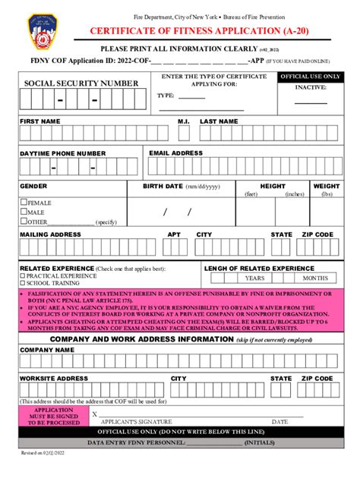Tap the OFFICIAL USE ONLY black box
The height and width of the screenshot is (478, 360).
click(x=310, y=77)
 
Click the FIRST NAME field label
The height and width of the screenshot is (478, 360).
click(x=40, y=121)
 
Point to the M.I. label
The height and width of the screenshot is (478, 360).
click(x=183, y=121)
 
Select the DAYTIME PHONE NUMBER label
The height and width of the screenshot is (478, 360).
click(x=62, y=153)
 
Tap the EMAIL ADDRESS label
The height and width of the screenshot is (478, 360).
click(x=175, y=153)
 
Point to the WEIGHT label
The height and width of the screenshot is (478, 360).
click(x=327, y=186)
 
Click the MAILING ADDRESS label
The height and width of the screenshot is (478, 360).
click(x=50, y=234)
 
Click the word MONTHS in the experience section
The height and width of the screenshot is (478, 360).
click(x=314, y=278)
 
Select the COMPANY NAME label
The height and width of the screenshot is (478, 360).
click(x=47, y=350)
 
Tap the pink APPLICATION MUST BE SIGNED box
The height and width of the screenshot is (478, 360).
click(x=53, y=416)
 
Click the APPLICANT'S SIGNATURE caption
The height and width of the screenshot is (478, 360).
click(x=135, y=421)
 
